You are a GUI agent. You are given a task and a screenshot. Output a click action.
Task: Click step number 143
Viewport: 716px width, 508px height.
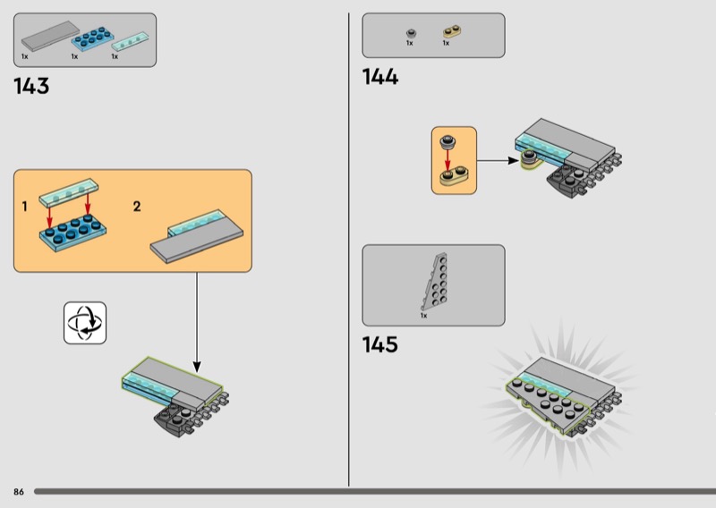(x=31, y=87)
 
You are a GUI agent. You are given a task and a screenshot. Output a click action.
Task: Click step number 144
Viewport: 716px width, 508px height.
(x=379, y=77)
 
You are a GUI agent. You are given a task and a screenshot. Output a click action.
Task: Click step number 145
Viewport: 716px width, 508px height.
(x=379, y=344)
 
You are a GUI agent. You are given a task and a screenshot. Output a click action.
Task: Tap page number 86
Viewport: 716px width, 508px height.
(x=18, y=492)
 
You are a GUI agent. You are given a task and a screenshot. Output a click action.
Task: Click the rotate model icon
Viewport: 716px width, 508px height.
(x=85, y=322)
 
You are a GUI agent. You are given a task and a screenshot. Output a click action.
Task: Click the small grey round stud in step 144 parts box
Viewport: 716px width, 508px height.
(x=411, y=33)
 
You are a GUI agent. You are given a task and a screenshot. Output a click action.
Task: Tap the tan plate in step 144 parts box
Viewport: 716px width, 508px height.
(x=450, y=33)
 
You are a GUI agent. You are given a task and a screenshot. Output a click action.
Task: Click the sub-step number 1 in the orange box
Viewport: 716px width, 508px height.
(x=25, y=207)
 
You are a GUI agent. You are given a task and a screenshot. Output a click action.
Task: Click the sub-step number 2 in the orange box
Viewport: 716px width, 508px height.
(x=137, y=207)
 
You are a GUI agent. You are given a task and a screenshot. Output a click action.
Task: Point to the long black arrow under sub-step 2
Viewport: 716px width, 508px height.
(x=197, y=322)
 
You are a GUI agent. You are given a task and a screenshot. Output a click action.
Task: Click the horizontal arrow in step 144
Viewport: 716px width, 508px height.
(x=495, y=161)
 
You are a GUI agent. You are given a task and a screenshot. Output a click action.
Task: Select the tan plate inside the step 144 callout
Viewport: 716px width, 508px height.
(x=455, y=174)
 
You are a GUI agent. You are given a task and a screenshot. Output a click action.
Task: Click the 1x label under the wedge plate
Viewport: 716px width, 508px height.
(x=423, y=316)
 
